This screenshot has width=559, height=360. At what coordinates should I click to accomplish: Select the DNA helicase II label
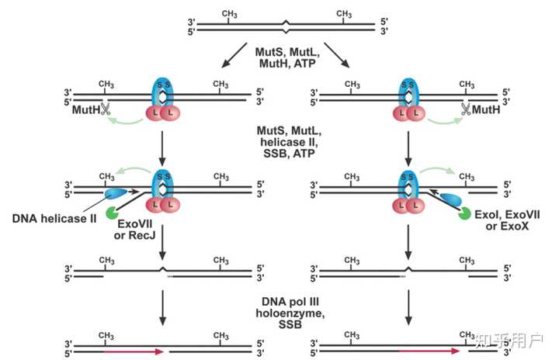pos(54,219)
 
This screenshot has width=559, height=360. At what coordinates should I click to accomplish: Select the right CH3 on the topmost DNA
pos(345,13)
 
